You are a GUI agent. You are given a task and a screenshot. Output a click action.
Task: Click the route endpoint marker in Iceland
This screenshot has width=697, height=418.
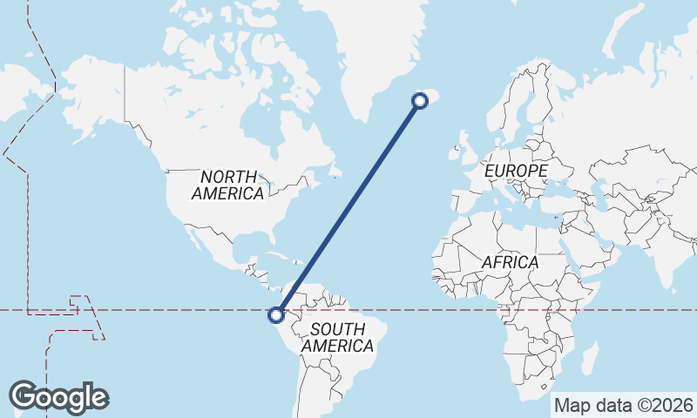(x=420, y=101)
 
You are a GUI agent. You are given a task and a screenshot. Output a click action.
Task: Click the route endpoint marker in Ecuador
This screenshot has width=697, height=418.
(x=277, y=314)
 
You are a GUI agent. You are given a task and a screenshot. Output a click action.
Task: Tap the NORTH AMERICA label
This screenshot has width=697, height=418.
(x=227, y=185)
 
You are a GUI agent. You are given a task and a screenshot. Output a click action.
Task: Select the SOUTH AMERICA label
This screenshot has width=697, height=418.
(x=337, y=337)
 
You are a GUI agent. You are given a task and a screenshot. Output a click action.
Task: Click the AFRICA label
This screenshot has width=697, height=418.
(x=511, y=261)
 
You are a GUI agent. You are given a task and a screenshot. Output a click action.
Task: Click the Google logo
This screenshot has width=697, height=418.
(x=58, y=396)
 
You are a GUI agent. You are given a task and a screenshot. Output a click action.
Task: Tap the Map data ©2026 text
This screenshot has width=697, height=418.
(x=624, y=405)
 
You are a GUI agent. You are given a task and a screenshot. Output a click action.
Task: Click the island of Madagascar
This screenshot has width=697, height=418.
(x=589, y=359)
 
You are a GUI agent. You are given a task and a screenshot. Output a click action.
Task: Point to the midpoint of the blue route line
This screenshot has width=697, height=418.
(x=348, y=208)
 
